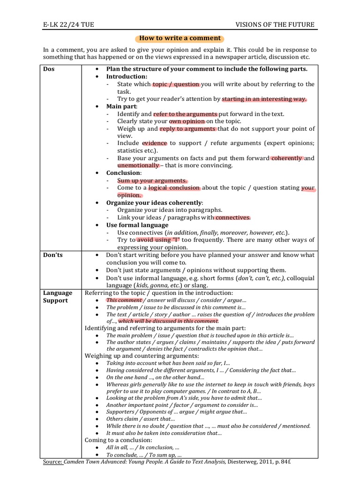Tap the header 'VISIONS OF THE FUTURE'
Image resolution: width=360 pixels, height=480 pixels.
click(x=275, y=25)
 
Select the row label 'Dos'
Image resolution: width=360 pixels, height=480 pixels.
click(x=49, y=69)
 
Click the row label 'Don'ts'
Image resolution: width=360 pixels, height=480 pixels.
click(x=53, y=255)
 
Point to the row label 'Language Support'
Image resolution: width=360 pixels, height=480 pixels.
click(x=57, y=297)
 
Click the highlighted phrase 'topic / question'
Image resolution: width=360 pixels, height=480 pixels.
click(x=176, y=84)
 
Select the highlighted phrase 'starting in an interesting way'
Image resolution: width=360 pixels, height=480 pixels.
click(x=264, y=99)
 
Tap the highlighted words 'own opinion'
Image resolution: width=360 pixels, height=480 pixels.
click(x=187, y=121)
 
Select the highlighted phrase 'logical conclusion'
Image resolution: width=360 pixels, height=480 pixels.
click(x=174, y=188)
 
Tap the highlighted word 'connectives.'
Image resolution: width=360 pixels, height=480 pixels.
click(x=232, y=217)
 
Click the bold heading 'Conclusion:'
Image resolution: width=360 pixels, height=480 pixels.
click(x=124, y=173)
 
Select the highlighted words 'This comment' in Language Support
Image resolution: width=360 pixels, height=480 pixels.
click(x=124, y=300)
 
